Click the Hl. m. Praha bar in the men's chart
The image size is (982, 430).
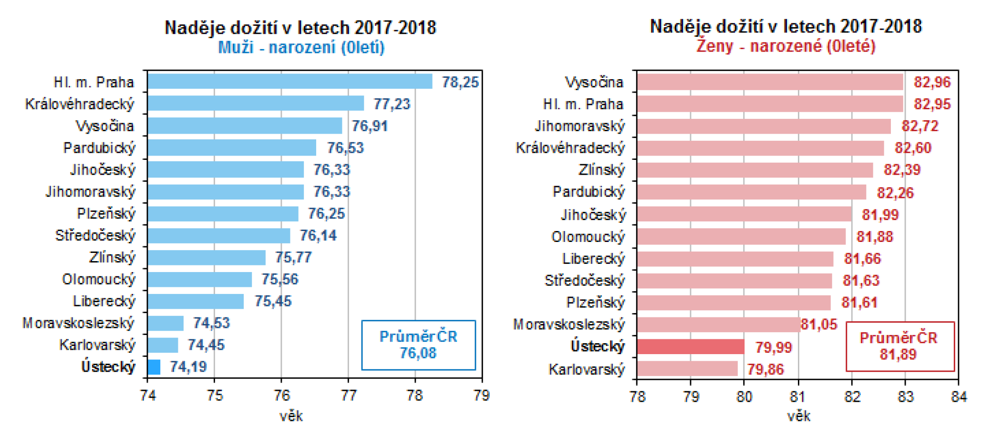[289, 82]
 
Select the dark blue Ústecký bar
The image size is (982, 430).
[154, 367]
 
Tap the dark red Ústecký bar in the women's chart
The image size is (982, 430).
[690, 346]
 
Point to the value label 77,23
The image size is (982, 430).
[392, 104]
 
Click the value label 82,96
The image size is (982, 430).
[932, 82]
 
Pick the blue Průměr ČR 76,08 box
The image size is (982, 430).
[418, 345]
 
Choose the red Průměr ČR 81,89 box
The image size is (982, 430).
[899, 346]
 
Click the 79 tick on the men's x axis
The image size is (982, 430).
[482, 396]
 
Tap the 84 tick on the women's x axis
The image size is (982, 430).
[959, 397]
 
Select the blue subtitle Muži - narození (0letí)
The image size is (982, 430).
[301, 48]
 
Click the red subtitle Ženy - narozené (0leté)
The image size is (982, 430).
[786, 46]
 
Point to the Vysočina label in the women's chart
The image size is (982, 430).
[594, 82]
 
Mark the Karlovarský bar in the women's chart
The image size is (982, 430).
[687, 369]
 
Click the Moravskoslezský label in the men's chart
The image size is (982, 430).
[79, 323]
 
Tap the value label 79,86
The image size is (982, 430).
[765, 369]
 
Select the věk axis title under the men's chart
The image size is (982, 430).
[291, 416]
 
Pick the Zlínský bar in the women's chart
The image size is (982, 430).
[755, 170]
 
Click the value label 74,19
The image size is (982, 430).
[188, 367]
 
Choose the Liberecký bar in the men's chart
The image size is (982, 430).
[196, 301]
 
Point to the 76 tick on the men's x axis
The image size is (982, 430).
[281, 396]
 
